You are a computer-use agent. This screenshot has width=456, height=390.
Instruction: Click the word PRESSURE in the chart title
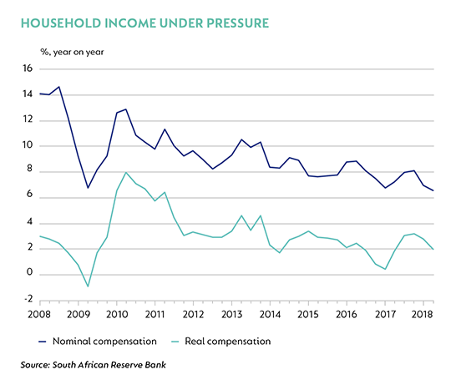coord(237,23)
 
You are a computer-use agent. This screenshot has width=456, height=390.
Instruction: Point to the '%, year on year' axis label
coord(72,52)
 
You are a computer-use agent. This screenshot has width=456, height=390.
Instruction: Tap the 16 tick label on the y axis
coord(28,68)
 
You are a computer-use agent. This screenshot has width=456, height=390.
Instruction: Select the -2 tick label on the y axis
coord(28,299)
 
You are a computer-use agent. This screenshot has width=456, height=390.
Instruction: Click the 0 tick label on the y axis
coord(29,272)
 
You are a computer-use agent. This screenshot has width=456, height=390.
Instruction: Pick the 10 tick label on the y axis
coord(28,144)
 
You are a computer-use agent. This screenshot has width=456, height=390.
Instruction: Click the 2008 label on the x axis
coord(39,314)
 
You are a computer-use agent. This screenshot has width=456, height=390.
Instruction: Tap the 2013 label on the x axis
coord(232,314)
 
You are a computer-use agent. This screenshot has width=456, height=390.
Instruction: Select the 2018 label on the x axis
coord(422,314)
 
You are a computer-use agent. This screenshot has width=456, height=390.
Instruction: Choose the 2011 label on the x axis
coord(155,314)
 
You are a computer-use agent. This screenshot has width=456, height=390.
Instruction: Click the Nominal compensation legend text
coord(104,341)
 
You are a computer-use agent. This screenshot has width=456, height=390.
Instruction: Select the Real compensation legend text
coord(228,341)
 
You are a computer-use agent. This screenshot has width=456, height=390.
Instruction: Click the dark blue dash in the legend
coord(43,342)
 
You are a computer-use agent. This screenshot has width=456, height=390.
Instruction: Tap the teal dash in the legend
coord(175,342)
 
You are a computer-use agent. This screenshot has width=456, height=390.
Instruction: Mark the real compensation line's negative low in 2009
coord(88,286)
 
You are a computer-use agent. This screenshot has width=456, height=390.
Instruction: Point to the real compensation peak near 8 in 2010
coord(125,173)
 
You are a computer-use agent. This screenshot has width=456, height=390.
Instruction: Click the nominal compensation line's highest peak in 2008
coord(59,87)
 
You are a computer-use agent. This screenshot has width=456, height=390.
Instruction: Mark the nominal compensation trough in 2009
coord(88,188)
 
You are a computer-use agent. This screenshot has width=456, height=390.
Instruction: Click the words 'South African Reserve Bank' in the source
coord(109,365)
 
